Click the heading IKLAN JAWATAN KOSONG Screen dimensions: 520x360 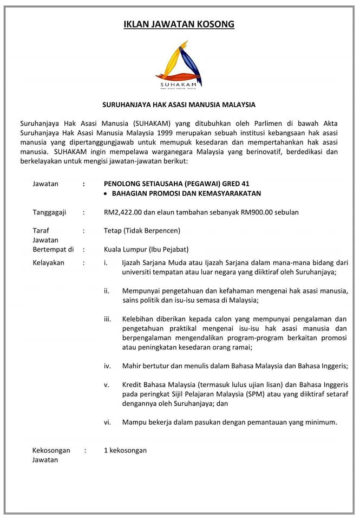point(179,24)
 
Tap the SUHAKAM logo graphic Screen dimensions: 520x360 point(179,64)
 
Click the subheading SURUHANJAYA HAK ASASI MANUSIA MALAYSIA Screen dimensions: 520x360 point(179,105)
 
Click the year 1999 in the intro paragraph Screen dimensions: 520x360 point(168,133)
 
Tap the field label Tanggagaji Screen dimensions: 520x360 point(49,212)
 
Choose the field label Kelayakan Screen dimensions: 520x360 point(48,263)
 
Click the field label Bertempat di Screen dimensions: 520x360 point(53,250)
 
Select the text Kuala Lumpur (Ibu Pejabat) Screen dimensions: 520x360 point(146,250)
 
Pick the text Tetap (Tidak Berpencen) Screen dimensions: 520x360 point(142,230)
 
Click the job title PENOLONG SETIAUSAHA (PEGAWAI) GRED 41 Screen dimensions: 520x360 point(177,184)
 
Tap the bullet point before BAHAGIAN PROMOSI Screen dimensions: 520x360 point(106,193)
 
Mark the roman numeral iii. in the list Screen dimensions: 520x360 point(107,319)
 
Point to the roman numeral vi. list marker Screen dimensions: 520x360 point(107,422)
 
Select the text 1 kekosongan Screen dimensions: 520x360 point(125,450)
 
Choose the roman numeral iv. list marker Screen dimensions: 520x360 point(107,366)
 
